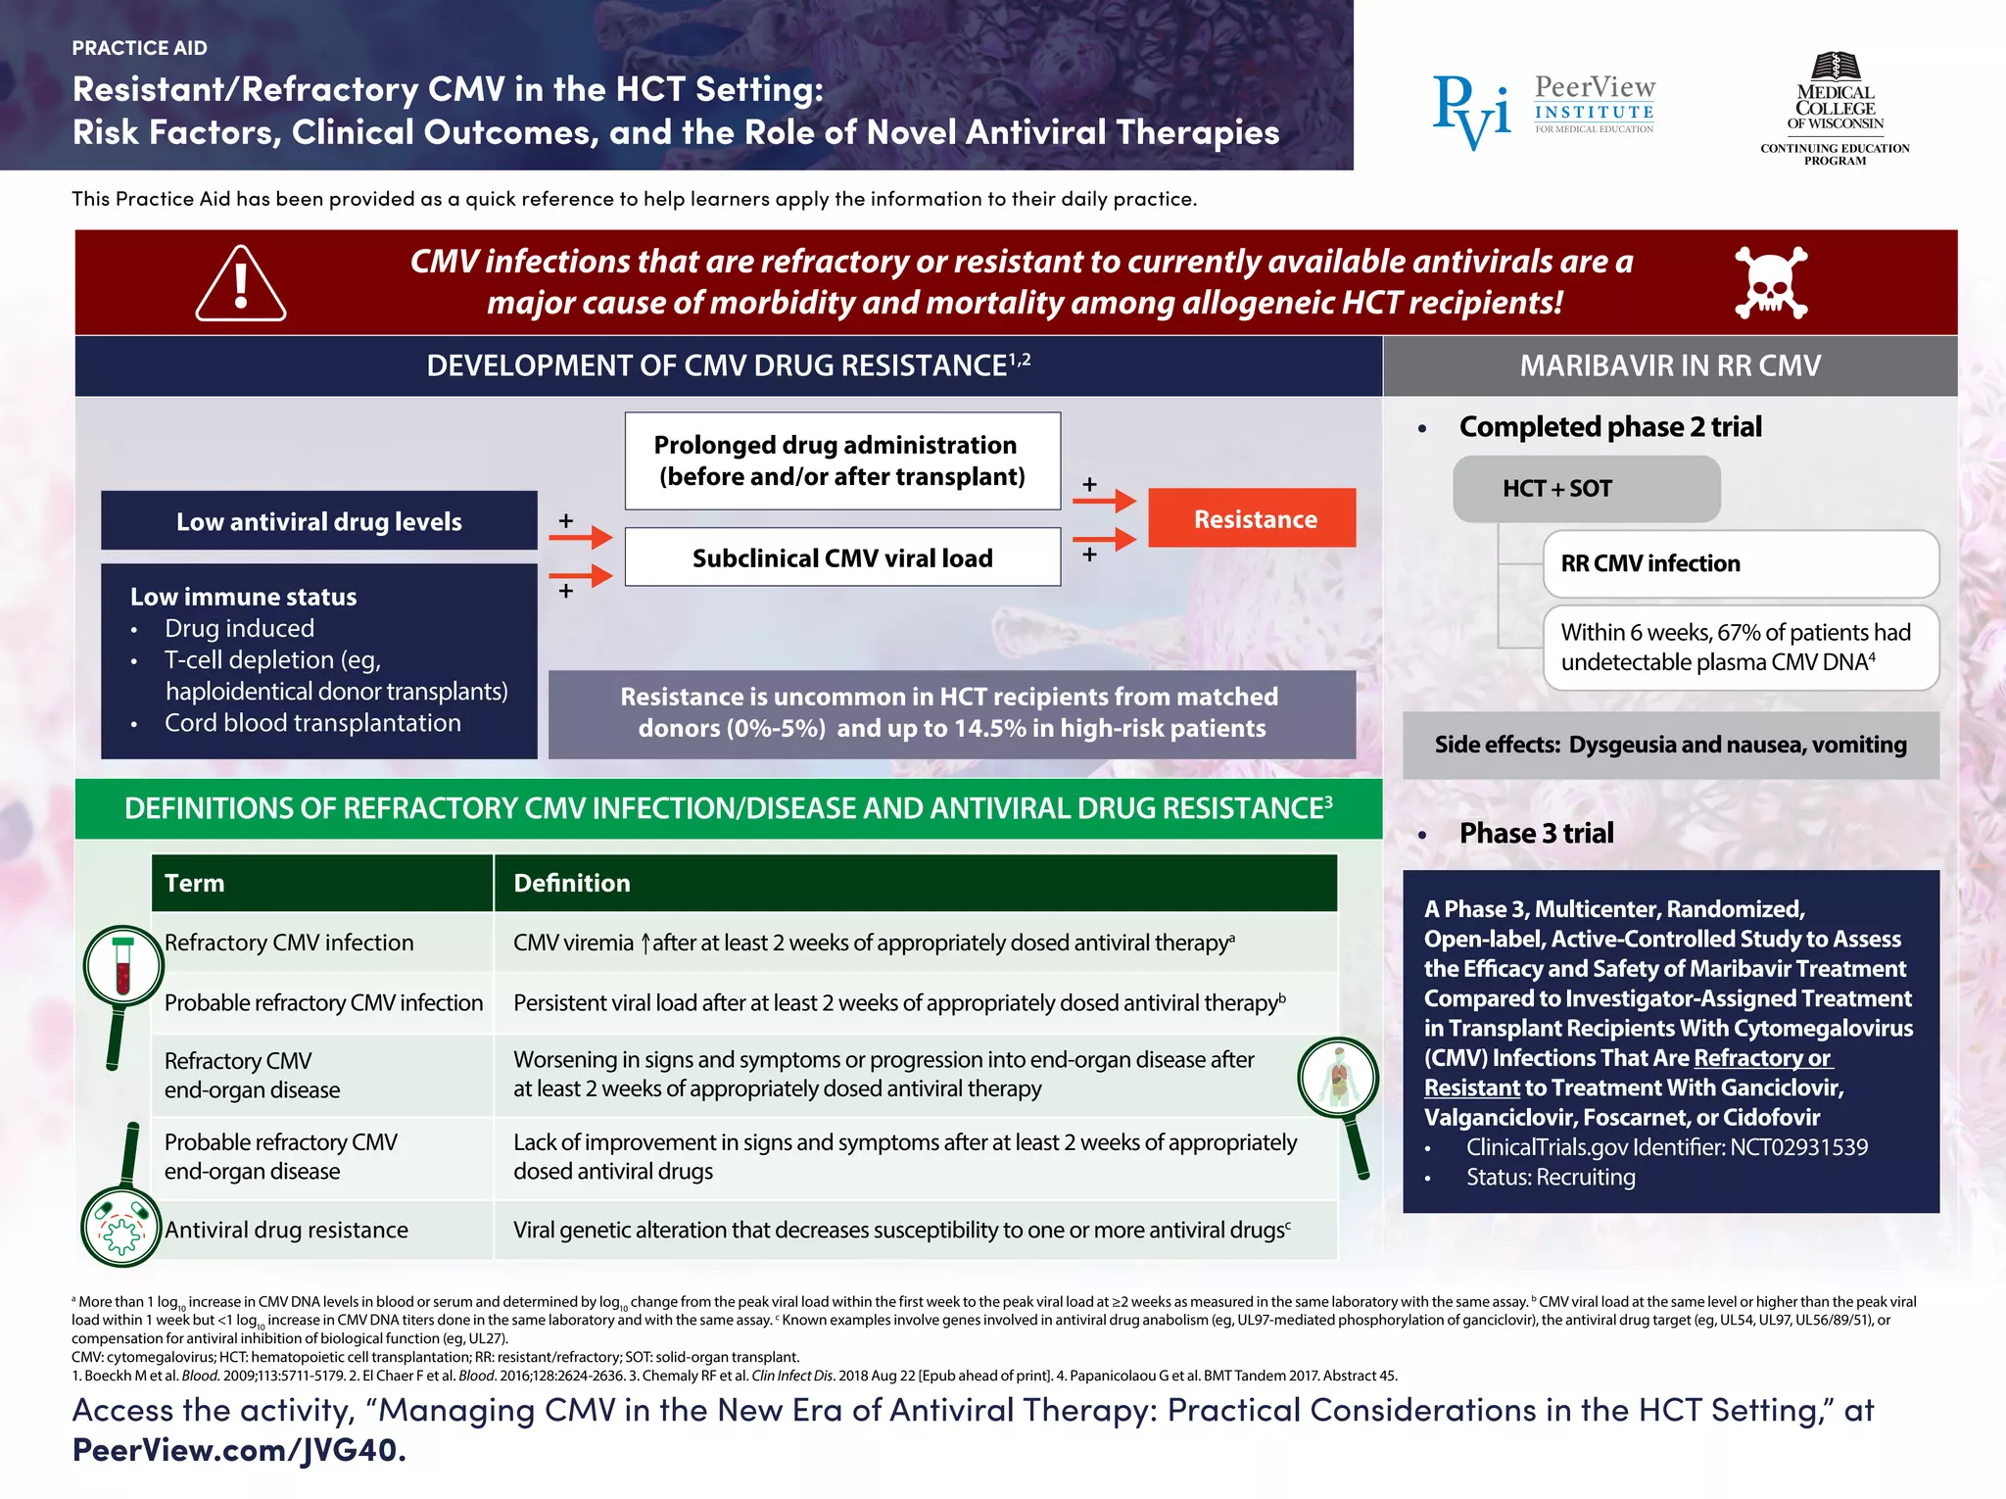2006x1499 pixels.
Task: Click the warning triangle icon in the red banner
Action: [x=241, y=285]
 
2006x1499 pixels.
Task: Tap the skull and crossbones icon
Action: [x=1770, y=282]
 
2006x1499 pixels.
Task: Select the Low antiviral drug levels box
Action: [x=319, y=521]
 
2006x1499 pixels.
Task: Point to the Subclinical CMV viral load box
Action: [x=842, y=557]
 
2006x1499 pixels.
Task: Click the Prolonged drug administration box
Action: [x=842, y=460]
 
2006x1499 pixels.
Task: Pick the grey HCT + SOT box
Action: [x=1586, y=488]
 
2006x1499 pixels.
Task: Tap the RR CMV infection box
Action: [x=1740, y=563]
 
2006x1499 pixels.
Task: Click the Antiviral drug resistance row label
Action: [x=286, y=1230]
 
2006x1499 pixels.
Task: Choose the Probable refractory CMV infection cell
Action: [x=323, y=1002]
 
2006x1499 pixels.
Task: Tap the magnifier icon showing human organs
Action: [x=1338, y=1079]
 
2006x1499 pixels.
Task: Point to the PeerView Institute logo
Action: [x=1544, y=109]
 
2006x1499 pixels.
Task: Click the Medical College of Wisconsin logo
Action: [x=1835, y=108]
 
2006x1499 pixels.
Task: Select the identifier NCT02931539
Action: [x=1798, y=1146]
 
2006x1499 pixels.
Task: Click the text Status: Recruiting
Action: [x=1550, y=1177]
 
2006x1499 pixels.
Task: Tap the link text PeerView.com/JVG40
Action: [x=239, y=1449]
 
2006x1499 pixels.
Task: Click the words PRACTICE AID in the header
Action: [x=140, y=48]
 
